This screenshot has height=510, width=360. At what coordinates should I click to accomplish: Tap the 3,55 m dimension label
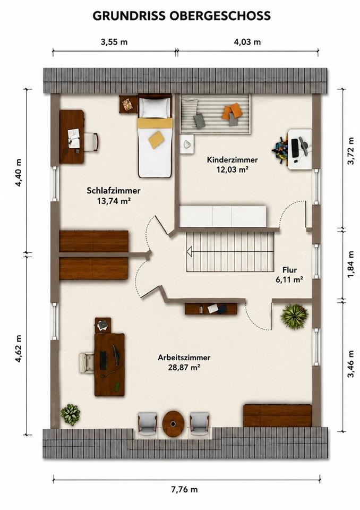coord(114,41)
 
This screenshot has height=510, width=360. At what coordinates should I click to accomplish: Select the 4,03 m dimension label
coord(247,41)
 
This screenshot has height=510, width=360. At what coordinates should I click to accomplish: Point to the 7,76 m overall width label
coord(184,489)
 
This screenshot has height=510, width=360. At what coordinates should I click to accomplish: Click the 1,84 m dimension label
coord(350,265)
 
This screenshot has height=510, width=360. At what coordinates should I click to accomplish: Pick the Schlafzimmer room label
coord(114,191)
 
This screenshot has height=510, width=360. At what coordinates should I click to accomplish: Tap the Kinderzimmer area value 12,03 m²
coord(233,169)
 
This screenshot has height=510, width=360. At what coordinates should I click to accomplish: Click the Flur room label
coord(289,270)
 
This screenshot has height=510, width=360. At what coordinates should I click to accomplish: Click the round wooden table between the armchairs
coord(173,424)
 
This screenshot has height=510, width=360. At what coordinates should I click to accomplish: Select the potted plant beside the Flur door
coord(294,316)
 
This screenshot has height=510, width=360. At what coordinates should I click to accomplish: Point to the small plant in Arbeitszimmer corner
coord(71,414)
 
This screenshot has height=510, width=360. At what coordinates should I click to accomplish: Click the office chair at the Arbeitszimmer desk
coord(87,362)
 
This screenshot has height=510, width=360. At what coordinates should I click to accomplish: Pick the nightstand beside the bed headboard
coord(128,104)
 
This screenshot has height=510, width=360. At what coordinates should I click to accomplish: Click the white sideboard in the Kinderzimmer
coord(223,216)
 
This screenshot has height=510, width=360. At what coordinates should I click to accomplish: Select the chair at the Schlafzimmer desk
coord(92,142)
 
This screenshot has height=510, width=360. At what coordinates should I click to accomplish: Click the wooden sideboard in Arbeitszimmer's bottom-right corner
coord(278,415)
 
